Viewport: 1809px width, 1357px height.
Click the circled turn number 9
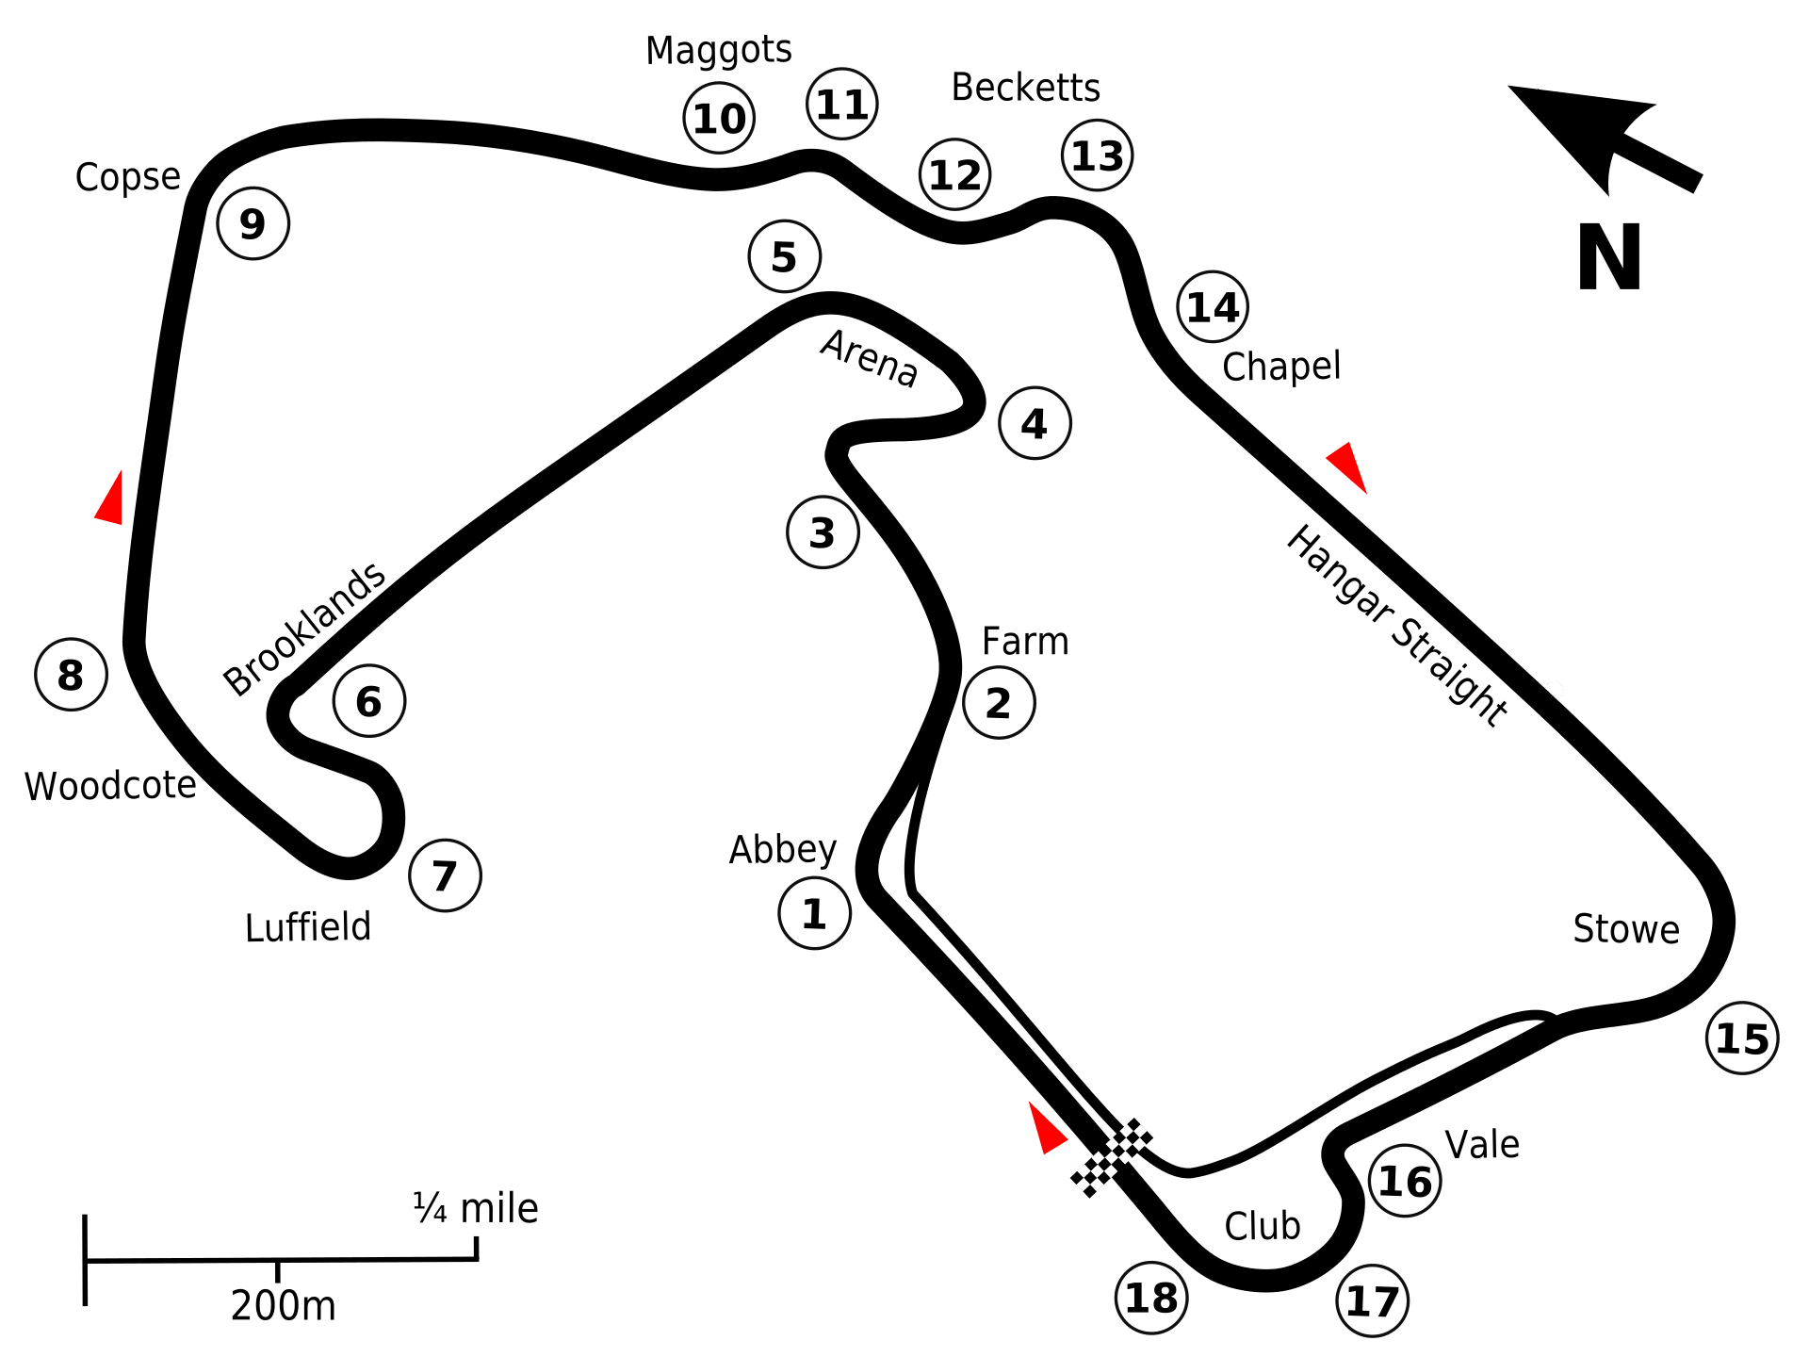pyautogui.click(x=253, y=223)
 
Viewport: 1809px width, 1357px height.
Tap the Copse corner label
pyautogui.click(x=127, y=176)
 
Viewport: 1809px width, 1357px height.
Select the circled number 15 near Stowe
pyautogui.click(x=1742, y=1038)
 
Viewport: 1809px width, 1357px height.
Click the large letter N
pyautogui.click(x=1609, y=257)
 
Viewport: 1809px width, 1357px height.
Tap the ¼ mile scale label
pyautogui.click(x=475, y=1207)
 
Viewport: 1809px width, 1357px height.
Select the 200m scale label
pyautogui.click(x=283, y=1305)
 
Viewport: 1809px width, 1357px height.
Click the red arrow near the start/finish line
pyautogui.click(x=1046, y=1127)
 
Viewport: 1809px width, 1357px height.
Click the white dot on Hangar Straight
pyautogui.click(x=1555, y=690)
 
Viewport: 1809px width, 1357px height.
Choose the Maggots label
pyautogui.click(x=718, y=51)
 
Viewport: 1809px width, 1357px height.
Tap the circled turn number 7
pyautogui.click(x=445, y=875)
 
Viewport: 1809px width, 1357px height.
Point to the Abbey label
pyautogui.click(x=782, y=850)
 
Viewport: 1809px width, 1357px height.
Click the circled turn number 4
pyautogui.click(x=1035, y=423)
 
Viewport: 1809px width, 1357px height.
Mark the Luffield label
pyautogui.click(x=307, y=927)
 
